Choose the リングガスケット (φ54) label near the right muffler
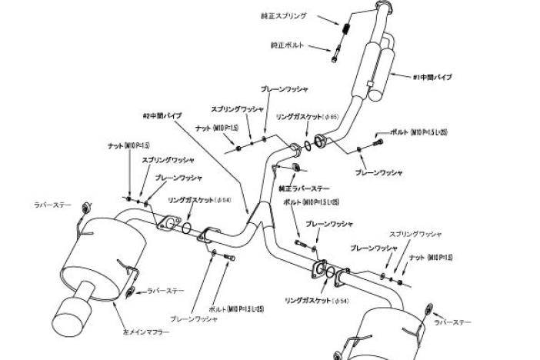306,300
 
